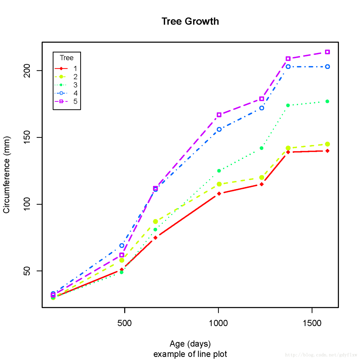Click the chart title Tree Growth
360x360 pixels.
click(190, 21)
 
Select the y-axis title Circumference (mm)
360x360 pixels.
click(6, 175)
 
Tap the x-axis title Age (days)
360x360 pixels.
click(190, 344)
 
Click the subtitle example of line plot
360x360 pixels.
click(190, 354)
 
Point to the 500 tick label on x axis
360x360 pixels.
click(125, 323)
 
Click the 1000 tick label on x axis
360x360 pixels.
click(218, 323)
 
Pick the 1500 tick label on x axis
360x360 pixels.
click(312, 323)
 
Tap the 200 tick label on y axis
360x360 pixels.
click(27, 71)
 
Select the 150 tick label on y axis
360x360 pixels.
click(27, 137)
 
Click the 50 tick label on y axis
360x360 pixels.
click(27, 271)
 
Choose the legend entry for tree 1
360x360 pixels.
click(66, 69)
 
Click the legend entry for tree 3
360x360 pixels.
click(66, 85)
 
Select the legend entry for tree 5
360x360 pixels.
click(66, 102)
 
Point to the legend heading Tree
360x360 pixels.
click(67, 58)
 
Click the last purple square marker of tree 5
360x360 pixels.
click(327, 52)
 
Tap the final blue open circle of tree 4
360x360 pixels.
click(327, 67)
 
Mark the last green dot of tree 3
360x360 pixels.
click(327, 102)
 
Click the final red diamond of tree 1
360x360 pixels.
click(327, 151)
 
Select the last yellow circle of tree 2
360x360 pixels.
click(327, 144)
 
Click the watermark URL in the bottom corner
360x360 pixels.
click(321, 355)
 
